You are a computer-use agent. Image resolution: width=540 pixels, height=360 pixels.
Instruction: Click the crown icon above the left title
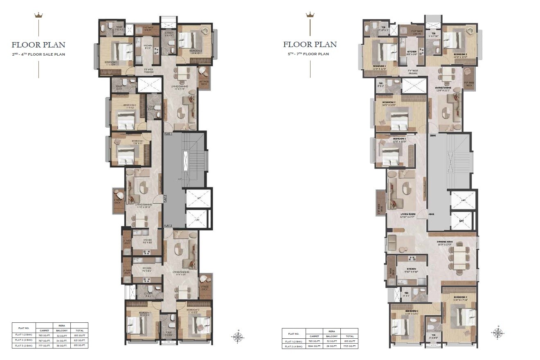(x=39, y=16)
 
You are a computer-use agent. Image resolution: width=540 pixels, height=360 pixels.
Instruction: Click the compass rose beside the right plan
(x=498, y=333)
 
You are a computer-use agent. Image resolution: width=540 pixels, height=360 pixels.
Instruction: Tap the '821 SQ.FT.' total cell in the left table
(x=79, y=340)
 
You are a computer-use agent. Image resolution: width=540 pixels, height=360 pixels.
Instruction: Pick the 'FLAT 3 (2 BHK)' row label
(x=24, y=346)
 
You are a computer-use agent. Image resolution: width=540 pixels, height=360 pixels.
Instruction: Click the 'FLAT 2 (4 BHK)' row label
(x=294, y=346)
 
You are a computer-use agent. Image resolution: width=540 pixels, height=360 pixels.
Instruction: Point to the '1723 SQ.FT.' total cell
(x=349, y=346)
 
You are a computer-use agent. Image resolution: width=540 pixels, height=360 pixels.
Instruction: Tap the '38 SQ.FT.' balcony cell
(x=62, y=346)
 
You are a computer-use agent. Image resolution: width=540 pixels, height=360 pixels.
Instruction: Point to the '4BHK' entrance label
(x=431, y=214)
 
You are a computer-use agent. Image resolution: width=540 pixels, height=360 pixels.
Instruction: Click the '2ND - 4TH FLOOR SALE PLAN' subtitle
(x=38, y=54)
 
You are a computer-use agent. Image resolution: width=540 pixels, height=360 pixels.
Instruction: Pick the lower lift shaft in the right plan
(x=463, y=220)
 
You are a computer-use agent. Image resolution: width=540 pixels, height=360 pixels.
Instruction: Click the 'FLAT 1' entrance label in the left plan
(x=168, y=134)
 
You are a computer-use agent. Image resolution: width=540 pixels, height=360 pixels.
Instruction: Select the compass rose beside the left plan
(x=239, y=337)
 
